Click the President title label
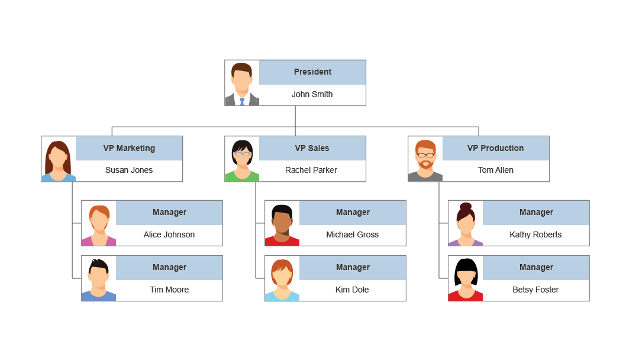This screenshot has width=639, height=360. click(312, 72)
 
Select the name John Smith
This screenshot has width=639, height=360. click(312, 95)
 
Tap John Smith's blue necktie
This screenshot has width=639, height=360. click(242, 101)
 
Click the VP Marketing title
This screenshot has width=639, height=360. click(129, 149)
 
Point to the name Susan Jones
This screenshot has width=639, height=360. click(129, 171)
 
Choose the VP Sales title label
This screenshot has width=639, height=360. click(312, 149)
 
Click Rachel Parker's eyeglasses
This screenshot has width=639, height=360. click(243, 154)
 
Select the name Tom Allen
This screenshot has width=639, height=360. click(495, 171)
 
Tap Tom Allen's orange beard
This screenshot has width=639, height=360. click(425, 163)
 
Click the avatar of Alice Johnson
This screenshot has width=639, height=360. click(99, 223)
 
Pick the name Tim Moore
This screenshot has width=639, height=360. click(169, 290)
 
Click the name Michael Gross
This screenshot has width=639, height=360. click(352, 235)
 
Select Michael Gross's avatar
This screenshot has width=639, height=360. click(282, 223)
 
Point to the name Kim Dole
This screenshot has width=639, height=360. click(352, 290)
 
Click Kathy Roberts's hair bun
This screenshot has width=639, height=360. click(466, 206)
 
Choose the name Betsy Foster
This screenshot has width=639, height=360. click(535, 290)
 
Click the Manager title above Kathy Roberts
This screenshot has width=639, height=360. click(536, 213)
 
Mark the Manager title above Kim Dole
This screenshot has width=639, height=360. click(353, 268)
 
